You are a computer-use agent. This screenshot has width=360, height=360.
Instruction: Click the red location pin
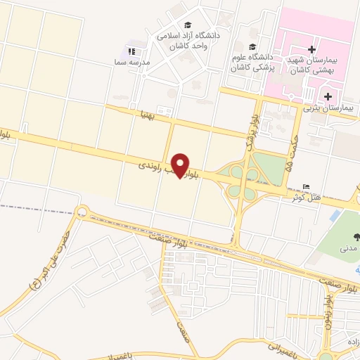coord(181,165)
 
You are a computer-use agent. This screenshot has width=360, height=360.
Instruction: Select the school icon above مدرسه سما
coord(131,51)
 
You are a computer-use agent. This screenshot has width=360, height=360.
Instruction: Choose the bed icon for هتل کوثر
coord(304,185)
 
